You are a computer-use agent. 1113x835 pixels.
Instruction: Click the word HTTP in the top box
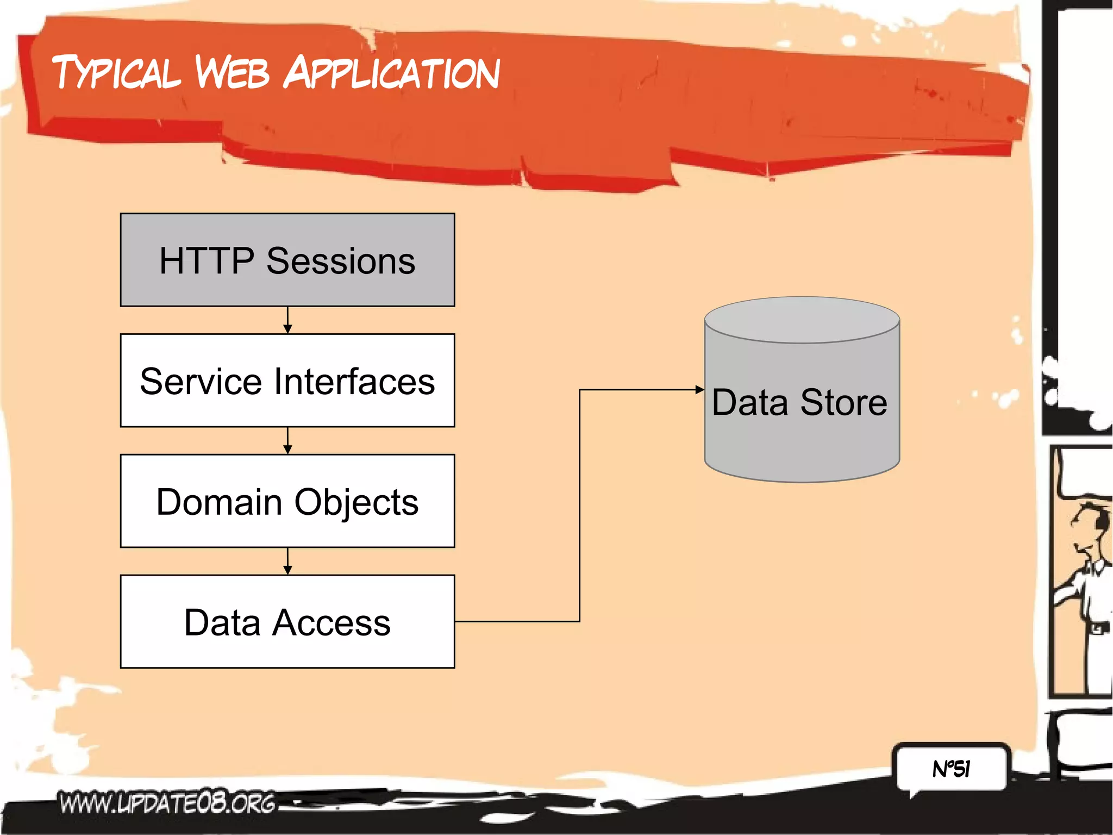coord(206,261)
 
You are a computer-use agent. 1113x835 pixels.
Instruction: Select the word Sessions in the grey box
coord(341,261)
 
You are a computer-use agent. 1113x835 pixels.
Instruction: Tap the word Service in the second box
coord(201,382)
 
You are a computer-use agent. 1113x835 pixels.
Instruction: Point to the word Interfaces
coord(354,382)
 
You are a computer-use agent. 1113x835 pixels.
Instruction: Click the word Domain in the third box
coord(219,502)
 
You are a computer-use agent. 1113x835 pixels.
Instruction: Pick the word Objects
coord(357,503)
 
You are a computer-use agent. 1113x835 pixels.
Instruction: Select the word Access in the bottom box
coord(332,622)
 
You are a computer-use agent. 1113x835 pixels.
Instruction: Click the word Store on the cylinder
coord(843,403)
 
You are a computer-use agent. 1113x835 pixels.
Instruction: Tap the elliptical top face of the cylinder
coord(802,320)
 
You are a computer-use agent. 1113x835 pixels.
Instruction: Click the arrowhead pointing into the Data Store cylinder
coord(700,390)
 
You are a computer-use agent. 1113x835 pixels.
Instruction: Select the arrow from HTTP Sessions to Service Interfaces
coord(287,320)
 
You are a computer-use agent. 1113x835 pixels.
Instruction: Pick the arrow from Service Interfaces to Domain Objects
coord(287,441)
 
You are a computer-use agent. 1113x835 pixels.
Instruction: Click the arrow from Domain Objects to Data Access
coord(287,562)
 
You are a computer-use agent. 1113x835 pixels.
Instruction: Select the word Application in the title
coord(391,73)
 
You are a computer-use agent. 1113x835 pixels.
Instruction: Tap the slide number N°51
coord(951,769)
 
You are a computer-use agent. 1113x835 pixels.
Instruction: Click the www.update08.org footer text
coord(167,803)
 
